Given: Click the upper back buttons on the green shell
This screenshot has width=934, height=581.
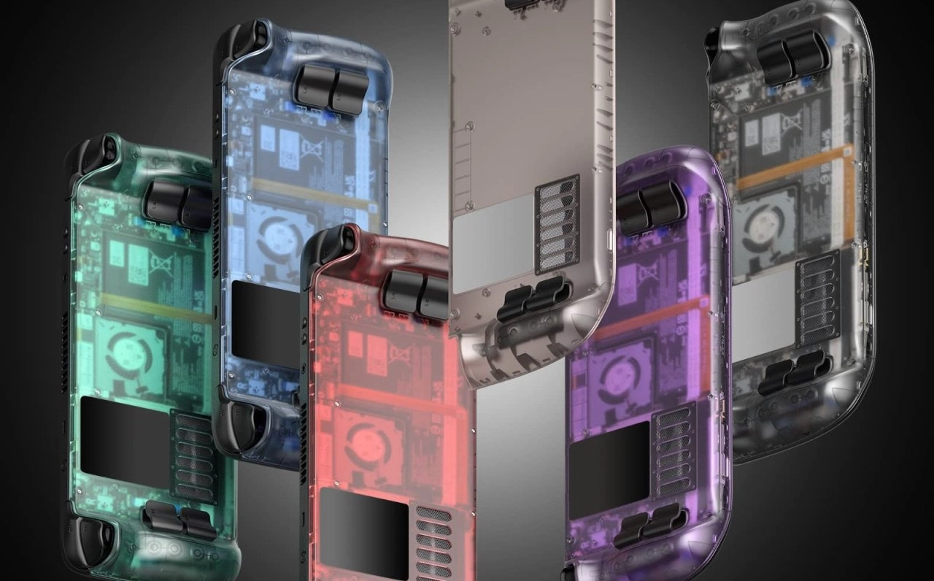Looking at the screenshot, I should point(178,204).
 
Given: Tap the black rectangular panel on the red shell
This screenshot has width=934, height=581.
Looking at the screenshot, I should point(364,524).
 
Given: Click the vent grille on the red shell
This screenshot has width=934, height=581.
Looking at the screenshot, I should point(434,539).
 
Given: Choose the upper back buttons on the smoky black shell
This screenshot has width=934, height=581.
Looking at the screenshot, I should point(792,55).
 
